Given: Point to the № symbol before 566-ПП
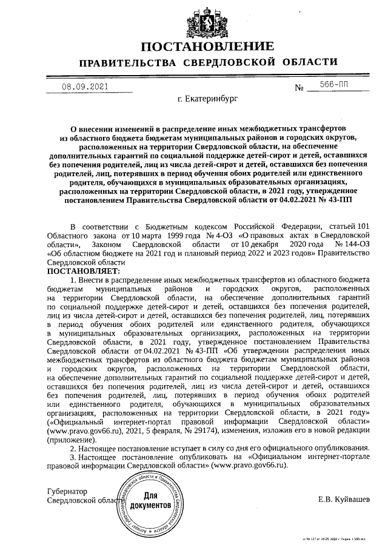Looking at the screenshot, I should (x=299, y=88).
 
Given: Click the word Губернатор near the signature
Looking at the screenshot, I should (x=67, y=491).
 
